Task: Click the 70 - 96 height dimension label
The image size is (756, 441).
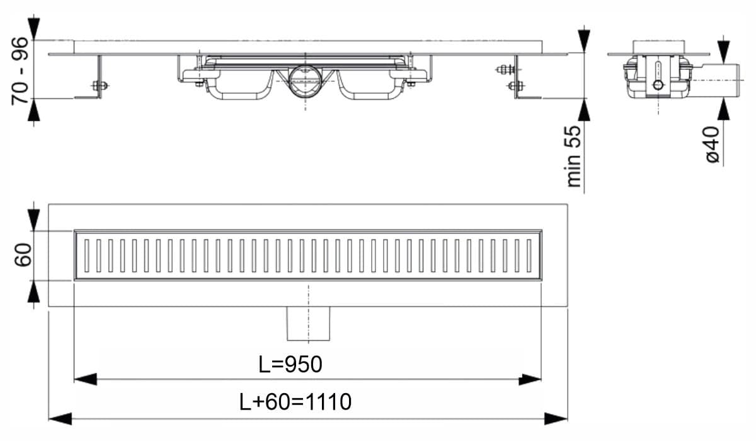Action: point(21,70)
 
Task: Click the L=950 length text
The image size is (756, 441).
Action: point(290,365)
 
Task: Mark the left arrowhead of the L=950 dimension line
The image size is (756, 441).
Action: point(84,379)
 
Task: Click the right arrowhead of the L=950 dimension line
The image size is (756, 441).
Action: point(530,379)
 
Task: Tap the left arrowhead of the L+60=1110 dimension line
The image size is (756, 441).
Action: point(60,417)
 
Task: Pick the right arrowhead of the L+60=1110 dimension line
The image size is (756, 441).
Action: point(557,417)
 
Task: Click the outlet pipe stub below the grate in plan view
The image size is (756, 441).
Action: point(309,323)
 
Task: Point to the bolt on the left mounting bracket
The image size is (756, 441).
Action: point(99,86)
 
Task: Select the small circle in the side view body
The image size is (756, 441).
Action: point(658,85)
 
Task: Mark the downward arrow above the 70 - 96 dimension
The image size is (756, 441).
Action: point(34,29)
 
